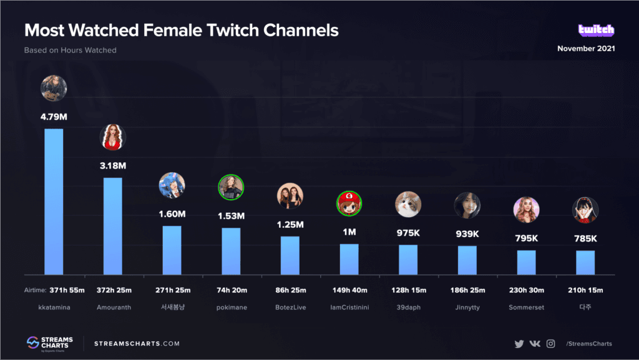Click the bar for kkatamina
pos(54,201)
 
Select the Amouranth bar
pos(113,225)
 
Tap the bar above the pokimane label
pos(231,250)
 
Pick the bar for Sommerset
pos(526,262)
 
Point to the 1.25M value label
pos(290,225)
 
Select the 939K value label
pos(467,234)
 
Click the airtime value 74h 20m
pos(231,290)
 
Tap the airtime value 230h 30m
pos(526,290)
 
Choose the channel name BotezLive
pos(290,307)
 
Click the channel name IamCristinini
pos(349,307)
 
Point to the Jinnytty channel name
pos(467,307)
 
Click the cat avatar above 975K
pos(408,204)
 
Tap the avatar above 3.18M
pos(113,137)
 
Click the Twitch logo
pos(596,30)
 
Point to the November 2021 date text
pos(586,49)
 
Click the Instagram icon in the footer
pos(550,344)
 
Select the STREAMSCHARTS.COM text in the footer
pos(137,344)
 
